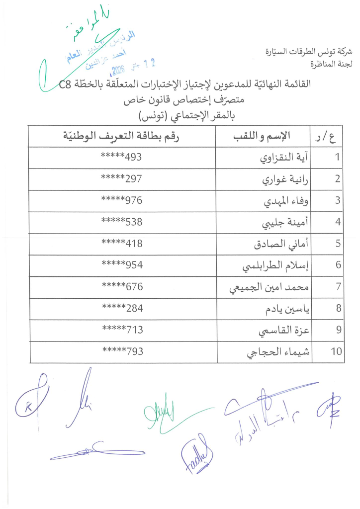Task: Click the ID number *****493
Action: click(x=121, y=158)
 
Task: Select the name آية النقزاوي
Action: click(x=284, y=158)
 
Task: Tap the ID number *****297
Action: click(x=121, y=179)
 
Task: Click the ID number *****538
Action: click(x=122, y=222)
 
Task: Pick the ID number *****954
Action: click(x=122, y=265)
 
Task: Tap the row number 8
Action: click(x=338, y=308)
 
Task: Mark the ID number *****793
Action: click(x=122, y=351)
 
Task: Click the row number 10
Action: click(x=337, y=351)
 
